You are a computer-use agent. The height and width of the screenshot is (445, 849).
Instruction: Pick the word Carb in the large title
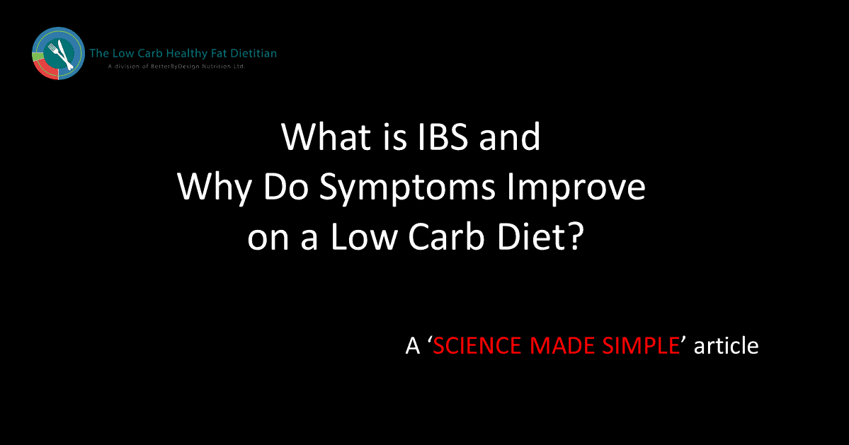[446, 237]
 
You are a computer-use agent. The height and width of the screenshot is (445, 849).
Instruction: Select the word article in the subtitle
[726, 345]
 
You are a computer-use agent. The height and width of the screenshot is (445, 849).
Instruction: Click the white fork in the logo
[54, 52]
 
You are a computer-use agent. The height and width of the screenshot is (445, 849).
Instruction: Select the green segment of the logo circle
[38, 56]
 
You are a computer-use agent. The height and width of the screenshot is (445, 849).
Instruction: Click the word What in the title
[326, 137]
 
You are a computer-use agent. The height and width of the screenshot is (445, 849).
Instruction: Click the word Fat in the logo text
[218, 53]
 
